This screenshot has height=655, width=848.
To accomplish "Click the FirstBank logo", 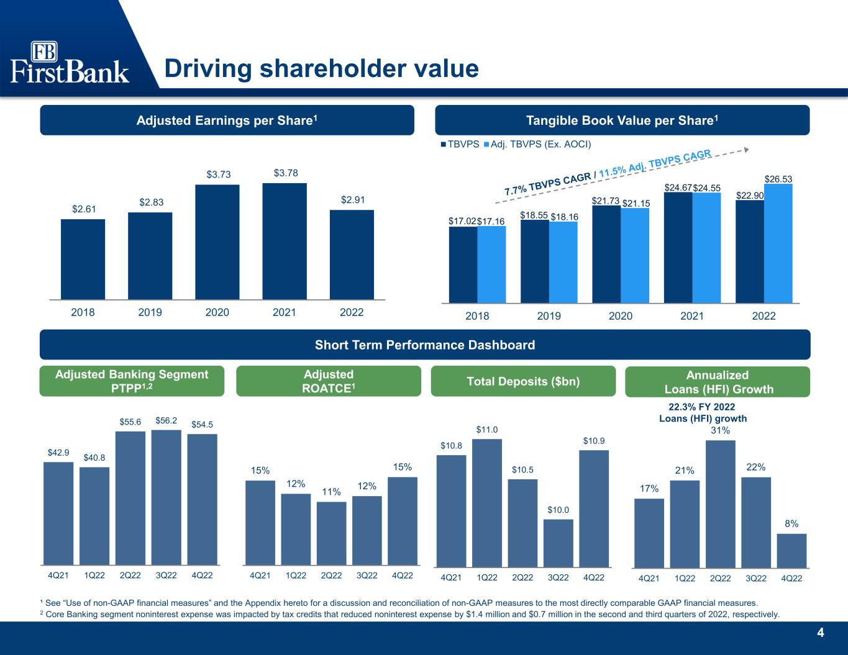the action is (x=70, y=62).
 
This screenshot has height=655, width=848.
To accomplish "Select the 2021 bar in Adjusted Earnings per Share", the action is (x=285, y=242).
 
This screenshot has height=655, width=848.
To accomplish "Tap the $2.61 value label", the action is (x=84, y=209).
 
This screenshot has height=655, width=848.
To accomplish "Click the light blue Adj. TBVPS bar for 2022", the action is (x=778, y=243).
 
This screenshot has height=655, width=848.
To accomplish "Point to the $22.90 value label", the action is (x=750, y=196).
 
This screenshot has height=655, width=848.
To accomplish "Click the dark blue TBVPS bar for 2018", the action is (x=463, y=264).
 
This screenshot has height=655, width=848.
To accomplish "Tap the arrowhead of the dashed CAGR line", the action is (x=746, y=150).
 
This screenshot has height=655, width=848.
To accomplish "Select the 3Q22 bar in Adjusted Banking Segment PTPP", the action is (x=166, y=497).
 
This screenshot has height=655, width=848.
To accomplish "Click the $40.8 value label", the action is (x=94, y=458).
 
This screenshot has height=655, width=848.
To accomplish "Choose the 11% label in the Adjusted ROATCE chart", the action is (x=331, y=492).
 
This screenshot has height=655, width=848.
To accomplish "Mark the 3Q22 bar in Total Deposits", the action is (x=558, y=543).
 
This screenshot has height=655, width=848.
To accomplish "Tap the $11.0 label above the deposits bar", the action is (x=487, y=430).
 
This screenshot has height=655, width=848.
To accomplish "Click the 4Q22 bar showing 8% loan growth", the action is (x=791, y=551).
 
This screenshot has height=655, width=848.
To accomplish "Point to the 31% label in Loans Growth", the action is (x=721, y=430).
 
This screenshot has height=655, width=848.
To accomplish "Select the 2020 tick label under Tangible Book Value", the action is (x=621, y=316).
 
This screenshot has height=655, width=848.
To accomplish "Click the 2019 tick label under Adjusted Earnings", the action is (x=150, y=312).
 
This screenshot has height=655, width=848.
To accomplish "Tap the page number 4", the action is (x=821, y=633).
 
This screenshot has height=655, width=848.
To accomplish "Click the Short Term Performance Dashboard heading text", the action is (x=425, y=345).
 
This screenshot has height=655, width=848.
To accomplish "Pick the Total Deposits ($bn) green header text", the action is (x=523, y=381).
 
